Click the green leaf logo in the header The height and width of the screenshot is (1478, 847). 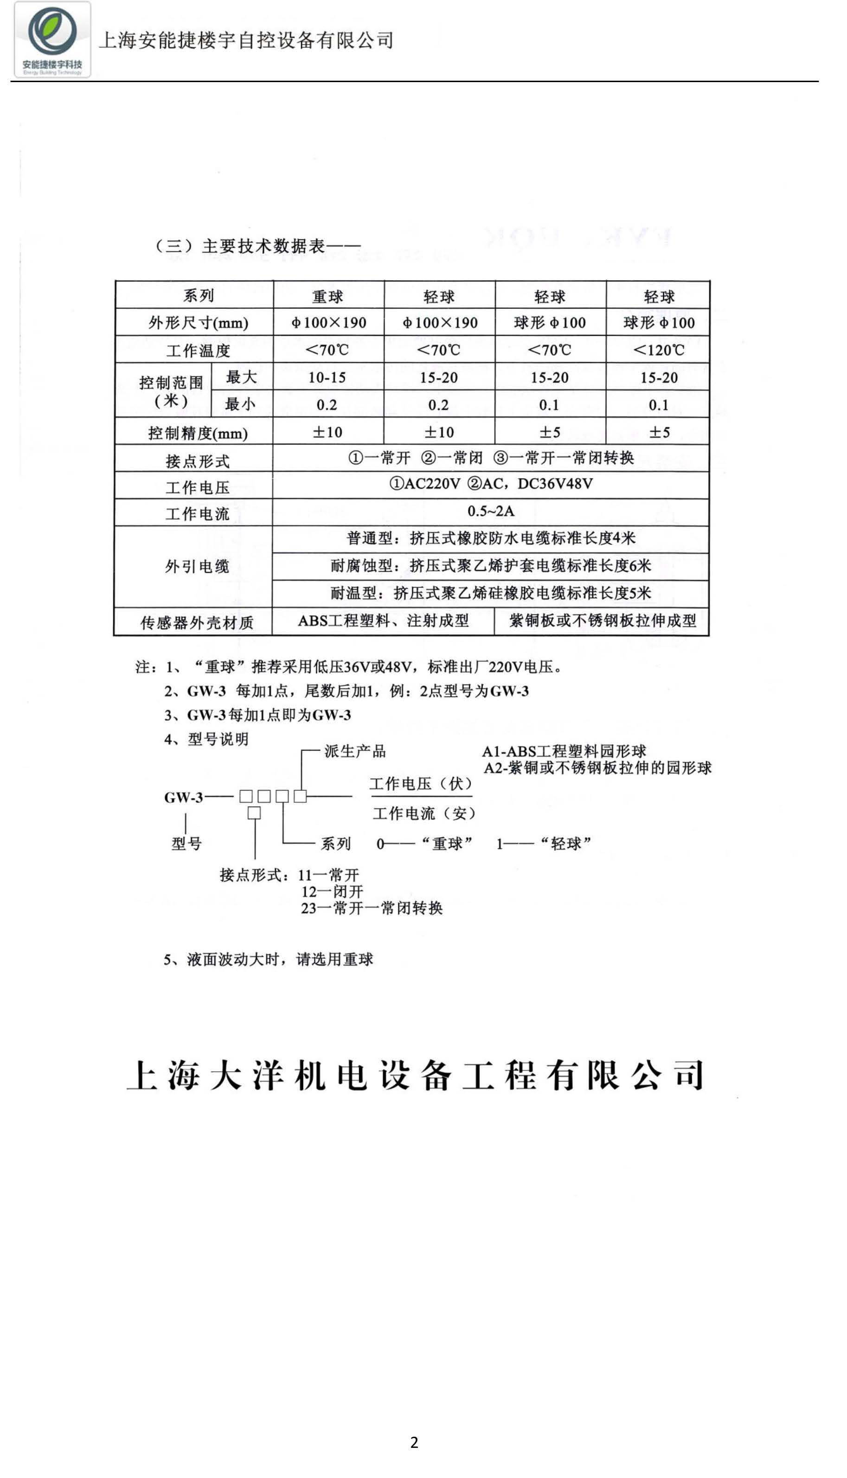[52, 32]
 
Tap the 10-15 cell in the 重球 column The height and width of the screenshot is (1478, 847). [327, 377]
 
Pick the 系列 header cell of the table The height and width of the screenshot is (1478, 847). [199, 295]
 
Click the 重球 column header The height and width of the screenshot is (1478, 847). [327, 296]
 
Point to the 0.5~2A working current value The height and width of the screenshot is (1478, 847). [490, 511]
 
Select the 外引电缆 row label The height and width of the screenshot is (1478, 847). [197, 566]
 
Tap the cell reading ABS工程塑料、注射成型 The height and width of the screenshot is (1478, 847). [383, 621]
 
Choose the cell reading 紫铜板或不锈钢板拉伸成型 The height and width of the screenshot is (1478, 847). [602, 621]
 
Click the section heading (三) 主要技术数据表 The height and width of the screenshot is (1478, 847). [256, 246]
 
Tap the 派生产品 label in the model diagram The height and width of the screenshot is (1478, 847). [355, 751]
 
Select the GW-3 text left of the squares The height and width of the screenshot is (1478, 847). [183, 797]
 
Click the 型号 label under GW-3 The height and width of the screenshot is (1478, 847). [186, 843]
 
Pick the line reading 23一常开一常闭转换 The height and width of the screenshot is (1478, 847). [371, 908]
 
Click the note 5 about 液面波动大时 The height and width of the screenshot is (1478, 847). [268, 960]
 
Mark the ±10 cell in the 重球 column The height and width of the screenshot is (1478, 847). [327, 432]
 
